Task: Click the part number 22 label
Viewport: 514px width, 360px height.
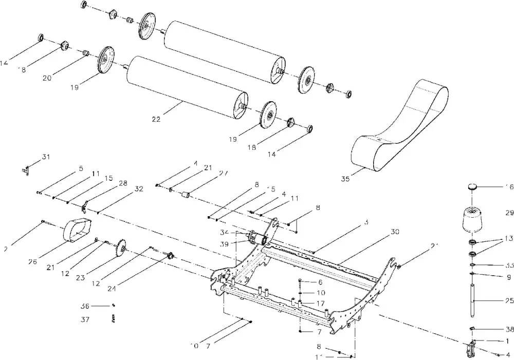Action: coord(156,119)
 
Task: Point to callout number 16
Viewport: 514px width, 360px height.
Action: coord(509,187)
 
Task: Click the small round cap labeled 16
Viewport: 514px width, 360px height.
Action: coord(473,186)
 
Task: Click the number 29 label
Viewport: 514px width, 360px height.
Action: coord(509,212)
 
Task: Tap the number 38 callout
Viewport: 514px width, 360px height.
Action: coord(509,330)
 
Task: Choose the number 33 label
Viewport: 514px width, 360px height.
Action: coord(509,266)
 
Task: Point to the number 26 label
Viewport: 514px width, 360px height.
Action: coord(33,262)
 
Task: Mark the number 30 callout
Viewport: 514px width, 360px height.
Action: coord(395,232)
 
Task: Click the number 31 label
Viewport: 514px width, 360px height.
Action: coord(47,156)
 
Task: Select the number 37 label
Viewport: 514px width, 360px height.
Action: coord(85,319)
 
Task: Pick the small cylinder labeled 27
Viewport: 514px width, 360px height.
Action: coord(188,195)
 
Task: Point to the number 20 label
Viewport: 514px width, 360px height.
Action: coord(47,78)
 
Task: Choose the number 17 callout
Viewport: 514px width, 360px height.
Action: coord(320,303)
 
